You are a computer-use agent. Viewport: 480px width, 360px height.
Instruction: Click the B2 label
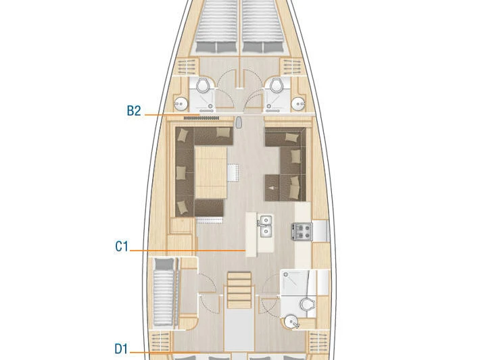click(x=134, y=111)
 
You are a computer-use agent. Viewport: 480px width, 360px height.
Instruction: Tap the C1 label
click(x=121, y=247)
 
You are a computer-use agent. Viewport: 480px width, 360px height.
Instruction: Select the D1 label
click(x=121, y=349)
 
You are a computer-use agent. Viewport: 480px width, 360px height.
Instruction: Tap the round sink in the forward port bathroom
click(x=180, y=103)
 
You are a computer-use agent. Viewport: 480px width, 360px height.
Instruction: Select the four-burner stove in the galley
click(x=302, y=232)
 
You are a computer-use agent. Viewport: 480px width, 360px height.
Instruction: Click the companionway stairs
click(x=239, y=288)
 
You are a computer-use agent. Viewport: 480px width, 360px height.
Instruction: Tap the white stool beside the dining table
click(x=233, y=172)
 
